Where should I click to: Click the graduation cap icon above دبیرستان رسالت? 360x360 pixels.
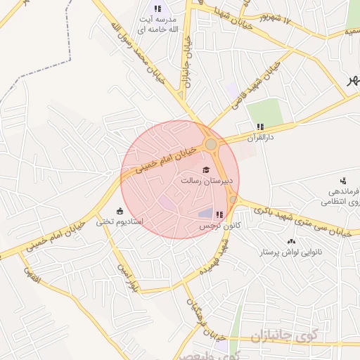tap(206, 170)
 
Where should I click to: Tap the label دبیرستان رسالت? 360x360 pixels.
tap(201, 181)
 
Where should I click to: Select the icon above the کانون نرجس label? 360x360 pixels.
tap(219, 214)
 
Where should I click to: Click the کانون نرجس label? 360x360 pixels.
tap(218, 226)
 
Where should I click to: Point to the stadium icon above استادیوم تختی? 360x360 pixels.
tap(120, 211)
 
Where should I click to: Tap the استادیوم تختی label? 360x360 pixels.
tap(120, 221)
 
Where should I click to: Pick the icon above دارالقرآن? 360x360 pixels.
tap(260, 127)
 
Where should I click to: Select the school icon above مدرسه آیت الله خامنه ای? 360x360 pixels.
tap(157, 9)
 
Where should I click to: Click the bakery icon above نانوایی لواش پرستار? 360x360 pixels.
tap(292, 241)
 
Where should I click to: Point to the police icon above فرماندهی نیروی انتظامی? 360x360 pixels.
tap(343, 181)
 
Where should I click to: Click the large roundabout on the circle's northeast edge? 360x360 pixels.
tap(210, 144)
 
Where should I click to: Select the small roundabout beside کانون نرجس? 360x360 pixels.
tap(233, 200)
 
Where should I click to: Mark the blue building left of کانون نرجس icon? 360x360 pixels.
tap(205, 213)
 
